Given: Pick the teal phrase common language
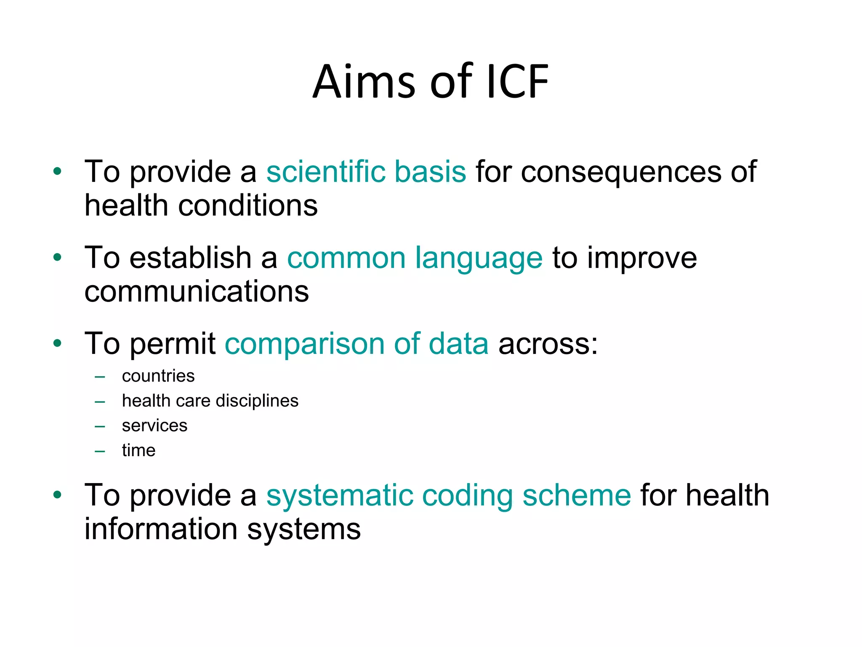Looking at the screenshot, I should coord(415,258).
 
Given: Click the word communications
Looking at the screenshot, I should coord(197,291).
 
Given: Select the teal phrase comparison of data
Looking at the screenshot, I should coord(357,344).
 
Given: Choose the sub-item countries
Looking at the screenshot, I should coord(158,376).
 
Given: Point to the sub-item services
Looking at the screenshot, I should coord(154,426).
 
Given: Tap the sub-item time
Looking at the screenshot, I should coord(138,451).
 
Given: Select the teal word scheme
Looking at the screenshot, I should coord(576,495).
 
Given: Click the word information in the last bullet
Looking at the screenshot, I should coord(161,529).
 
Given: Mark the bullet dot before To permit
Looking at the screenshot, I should coord(58,343).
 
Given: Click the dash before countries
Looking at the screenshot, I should coord(100,377).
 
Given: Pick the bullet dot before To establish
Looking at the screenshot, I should coord(58,257).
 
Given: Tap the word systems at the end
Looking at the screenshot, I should coord(303,529).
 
